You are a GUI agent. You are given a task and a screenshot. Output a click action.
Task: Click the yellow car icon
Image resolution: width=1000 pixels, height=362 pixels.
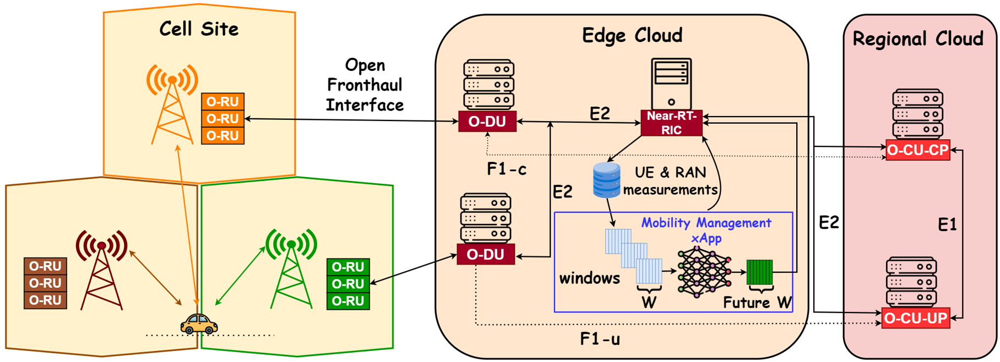point(199,323)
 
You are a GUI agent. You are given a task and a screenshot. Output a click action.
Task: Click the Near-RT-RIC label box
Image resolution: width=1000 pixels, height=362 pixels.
point(671,123)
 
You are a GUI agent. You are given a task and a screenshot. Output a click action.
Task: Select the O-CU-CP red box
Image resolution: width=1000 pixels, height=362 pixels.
point(917,150)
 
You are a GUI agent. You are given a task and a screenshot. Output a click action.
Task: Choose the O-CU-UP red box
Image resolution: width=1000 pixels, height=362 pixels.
point(915,318)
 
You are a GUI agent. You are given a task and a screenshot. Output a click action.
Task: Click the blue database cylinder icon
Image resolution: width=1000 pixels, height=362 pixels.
point(606,180)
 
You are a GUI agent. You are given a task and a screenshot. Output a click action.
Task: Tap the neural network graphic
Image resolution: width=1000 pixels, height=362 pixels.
point(704,272)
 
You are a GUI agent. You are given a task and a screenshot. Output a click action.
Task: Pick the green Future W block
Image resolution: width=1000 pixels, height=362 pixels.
point(759,272)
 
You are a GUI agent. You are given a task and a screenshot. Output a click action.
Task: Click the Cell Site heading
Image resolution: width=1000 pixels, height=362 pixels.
point(199,29)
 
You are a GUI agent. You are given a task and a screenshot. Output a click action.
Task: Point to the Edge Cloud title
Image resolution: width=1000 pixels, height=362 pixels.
point(632,36)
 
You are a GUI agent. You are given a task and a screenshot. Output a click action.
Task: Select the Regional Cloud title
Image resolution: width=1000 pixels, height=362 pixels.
point(917,39)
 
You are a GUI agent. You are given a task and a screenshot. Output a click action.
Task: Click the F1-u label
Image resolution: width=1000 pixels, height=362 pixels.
point(600,339)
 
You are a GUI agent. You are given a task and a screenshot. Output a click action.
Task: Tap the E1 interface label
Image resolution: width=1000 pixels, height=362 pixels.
point(947,224)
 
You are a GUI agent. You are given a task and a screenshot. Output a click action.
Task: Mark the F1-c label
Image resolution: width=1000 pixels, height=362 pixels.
point(506,169)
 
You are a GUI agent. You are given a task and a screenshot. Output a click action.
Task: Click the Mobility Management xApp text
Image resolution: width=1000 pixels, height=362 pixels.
point(706,230)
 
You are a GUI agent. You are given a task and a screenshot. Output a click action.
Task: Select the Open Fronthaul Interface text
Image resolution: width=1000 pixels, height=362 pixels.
point(365,85)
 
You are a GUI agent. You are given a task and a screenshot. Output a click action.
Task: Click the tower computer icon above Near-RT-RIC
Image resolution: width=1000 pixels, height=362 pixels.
point(671,84)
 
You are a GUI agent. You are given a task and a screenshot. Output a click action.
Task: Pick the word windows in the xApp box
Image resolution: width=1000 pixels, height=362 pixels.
point(589,278)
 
